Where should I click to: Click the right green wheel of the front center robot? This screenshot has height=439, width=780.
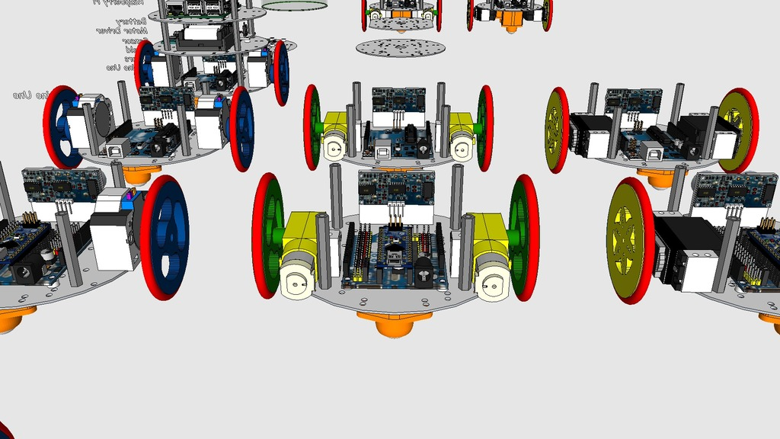click(x=524, y=236)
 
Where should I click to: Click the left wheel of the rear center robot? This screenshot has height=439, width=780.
click(x=312, y=127)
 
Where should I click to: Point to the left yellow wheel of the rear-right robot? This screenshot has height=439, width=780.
click(x=558, y=130)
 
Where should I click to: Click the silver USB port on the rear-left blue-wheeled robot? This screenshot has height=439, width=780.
click(x=119, y=150)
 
